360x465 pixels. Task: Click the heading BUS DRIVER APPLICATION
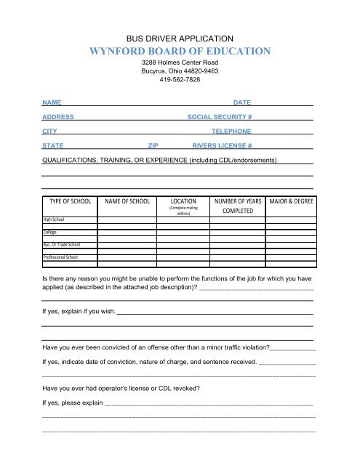pyautogui.click(x=180, y=37)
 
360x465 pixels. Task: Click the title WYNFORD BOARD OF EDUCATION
pyautogui.click(x=180, y=52)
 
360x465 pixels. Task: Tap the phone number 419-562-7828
pyautogui.click(x=180, y=80)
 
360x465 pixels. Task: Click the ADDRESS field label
pyautogui.click(x=57, y=118)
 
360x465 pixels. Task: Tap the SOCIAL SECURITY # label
pyautogui.click(x=220, y=118)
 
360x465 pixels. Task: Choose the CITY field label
pyautogui.click(x=49, y=132)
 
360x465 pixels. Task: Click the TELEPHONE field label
pyautogui.click(x=231, y=132)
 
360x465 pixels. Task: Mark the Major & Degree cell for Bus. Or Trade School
pyautogui.click(x=291, y=245)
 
